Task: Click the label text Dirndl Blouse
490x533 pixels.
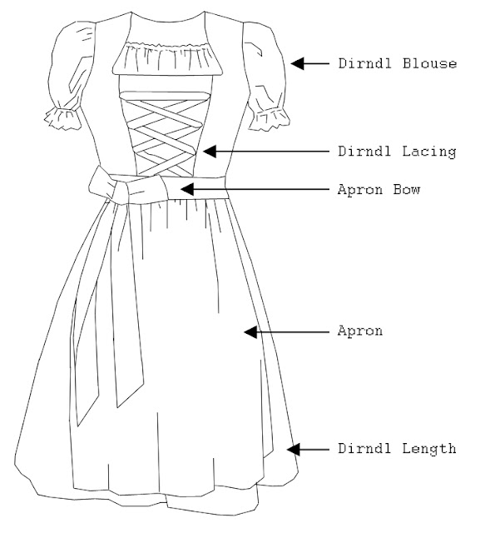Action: [398, 63]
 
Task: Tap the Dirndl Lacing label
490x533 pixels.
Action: [397, 152]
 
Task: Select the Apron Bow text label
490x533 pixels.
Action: [379, 189]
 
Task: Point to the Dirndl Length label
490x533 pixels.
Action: [397, 449]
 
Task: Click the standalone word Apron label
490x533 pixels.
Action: [360, 331]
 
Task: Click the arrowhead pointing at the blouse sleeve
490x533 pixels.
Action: [297, 63]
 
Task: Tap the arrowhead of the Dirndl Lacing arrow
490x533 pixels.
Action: [210, 152]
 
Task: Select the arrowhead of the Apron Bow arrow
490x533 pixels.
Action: [187, 189]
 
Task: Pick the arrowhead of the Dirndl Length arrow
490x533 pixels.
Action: [294, 449]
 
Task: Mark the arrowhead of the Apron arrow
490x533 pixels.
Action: [250, 331]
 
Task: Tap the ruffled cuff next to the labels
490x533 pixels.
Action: [270, 119]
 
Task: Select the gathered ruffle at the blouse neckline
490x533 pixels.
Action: [167, 58]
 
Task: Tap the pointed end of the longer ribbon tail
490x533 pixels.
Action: [77, 426]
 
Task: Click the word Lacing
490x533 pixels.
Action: [429, 152]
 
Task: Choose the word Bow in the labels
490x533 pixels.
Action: [407, 189]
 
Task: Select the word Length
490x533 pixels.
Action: [429, 450]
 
